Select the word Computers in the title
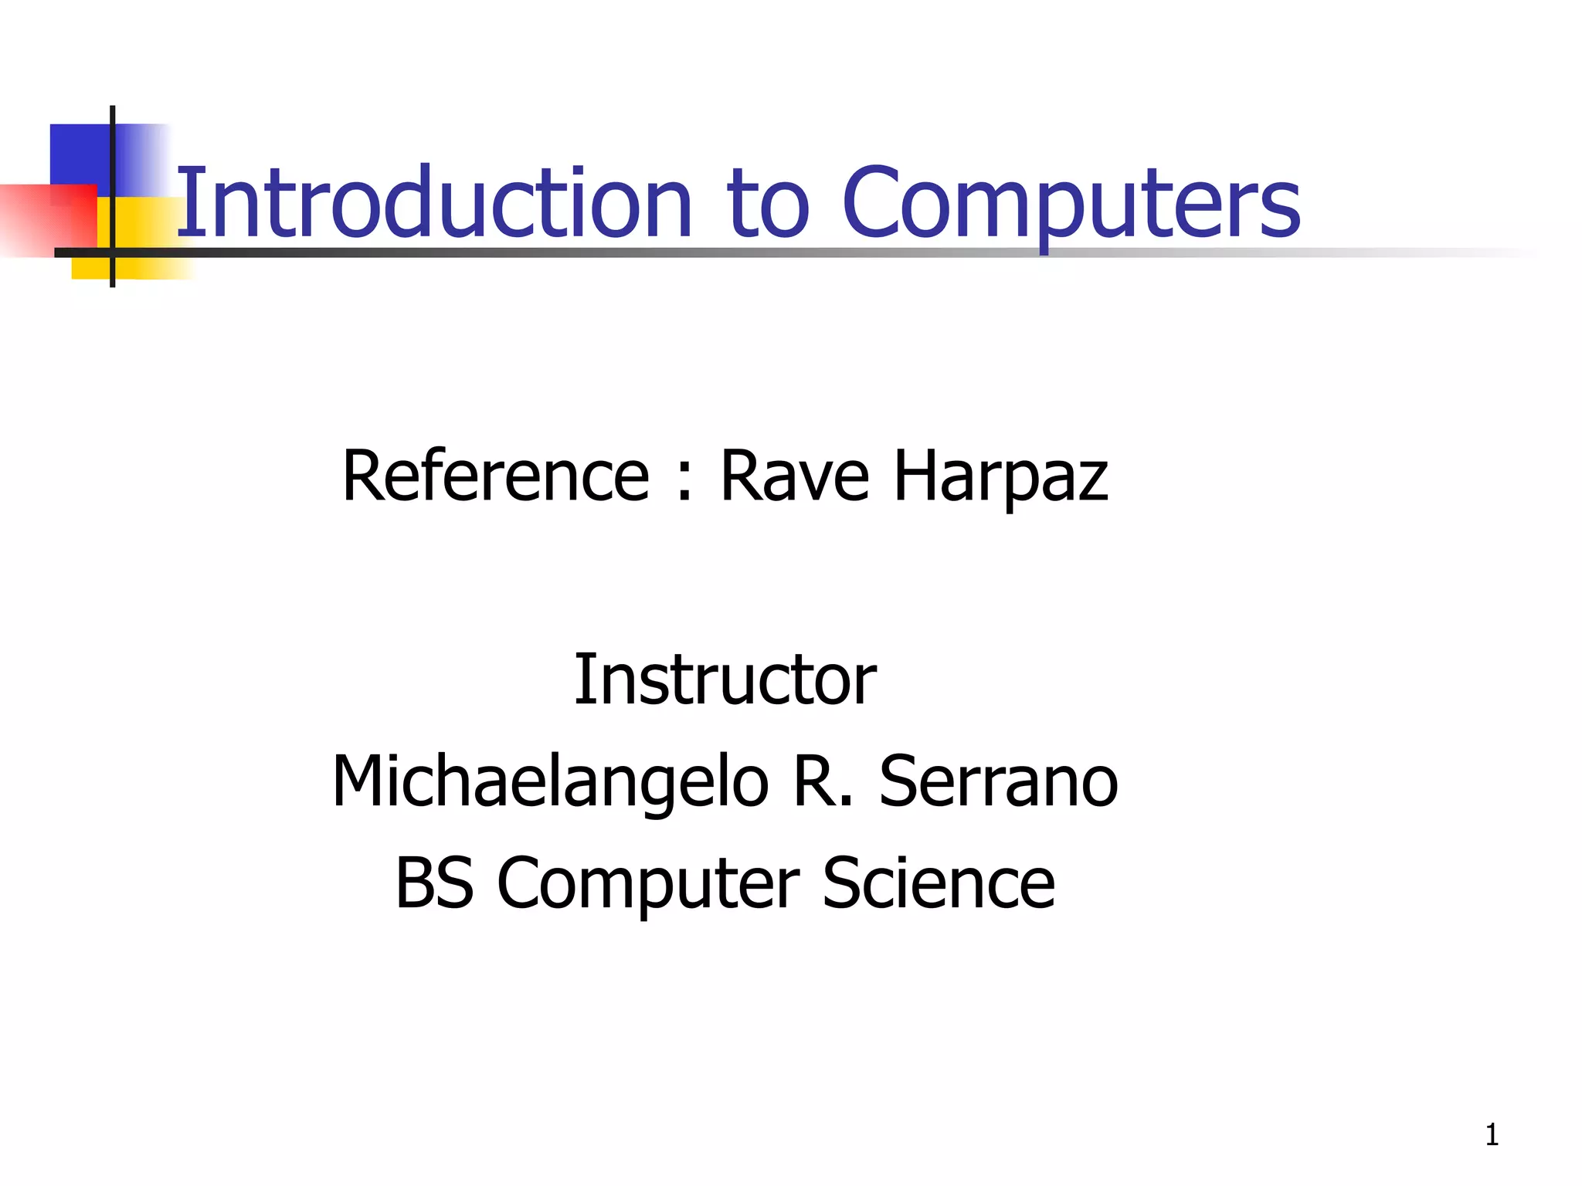coord(1071,204)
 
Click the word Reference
coord(495,476)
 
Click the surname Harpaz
coord(1001,477)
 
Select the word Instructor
coord(725,679)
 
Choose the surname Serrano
coord(998,781)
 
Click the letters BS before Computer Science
coord(434,883)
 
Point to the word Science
coord(938,883)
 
